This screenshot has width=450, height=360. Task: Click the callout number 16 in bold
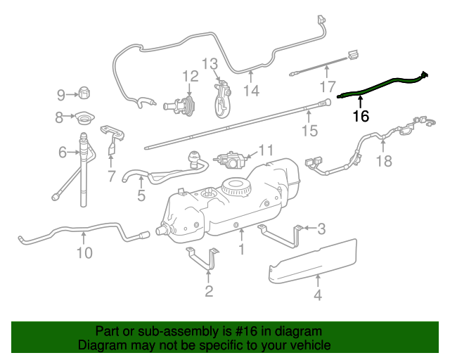point(360,117)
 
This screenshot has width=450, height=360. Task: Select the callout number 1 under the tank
point(241,249)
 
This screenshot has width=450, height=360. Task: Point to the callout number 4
point(318,295)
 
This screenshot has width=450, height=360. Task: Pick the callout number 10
point(84,252)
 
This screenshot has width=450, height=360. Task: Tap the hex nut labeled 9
point(84,93)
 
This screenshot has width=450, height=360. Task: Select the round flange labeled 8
point(85,117)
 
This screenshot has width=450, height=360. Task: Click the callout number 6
point(63,152)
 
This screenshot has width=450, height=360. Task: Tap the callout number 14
point(251,91)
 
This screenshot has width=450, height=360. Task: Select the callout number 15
point(309,131)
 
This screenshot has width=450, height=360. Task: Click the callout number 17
point(328,87)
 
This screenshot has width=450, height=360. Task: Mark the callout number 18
point(383,161)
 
